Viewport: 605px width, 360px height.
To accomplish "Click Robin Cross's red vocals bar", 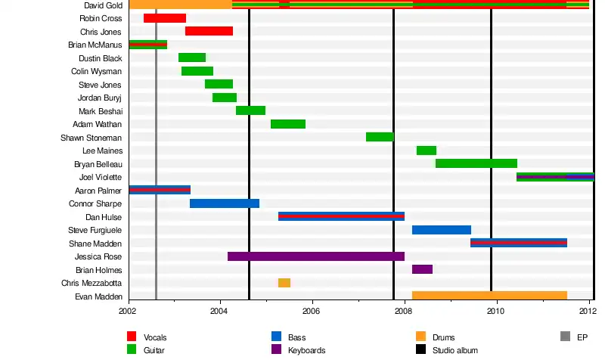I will click(164, 18).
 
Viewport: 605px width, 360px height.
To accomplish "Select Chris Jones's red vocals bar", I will click(209, 31).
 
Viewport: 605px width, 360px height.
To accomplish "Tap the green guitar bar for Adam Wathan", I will click(287, 124).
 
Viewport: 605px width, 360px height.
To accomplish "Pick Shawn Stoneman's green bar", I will click(380, 137).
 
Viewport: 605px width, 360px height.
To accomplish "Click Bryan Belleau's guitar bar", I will click(476, 163).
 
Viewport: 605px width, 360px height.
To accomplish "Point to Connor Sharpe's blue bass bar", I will click(224, 203).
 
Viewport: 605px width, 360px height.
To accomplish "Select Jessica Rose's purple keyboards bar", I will click(315, 256).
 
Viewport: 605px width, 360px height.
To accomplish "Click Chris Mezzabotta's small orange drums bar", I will click(284, 283).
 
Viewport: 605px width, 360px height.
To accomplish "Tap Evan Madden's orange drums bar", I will click(489, 296).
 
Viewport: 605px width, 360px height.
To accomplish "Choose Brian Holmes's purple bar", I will click(422, 269).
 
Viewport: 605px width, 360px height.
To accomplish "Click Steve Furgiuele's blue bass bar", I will click(441, 230).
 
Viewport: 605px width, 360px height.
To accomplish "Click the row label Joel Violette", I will click(100, 177).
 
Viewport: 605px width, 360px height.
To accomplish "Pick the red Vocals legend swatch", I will click(132, 337).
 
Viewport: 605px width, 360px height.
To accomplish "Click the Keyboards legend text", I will click(307, 350).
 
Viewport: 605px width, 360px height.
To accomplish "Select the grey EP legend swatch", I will click(565, 337).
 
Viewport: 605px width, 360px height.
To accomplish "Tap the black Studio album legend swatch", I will click(420, 350).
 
